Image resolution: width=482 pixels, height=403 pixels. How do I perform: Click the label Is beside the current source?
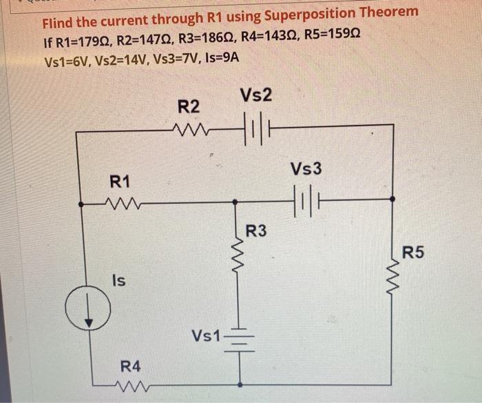[118, 281]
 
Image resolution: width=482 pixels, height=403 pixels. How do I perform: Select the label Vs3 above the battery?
[306, 169]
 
